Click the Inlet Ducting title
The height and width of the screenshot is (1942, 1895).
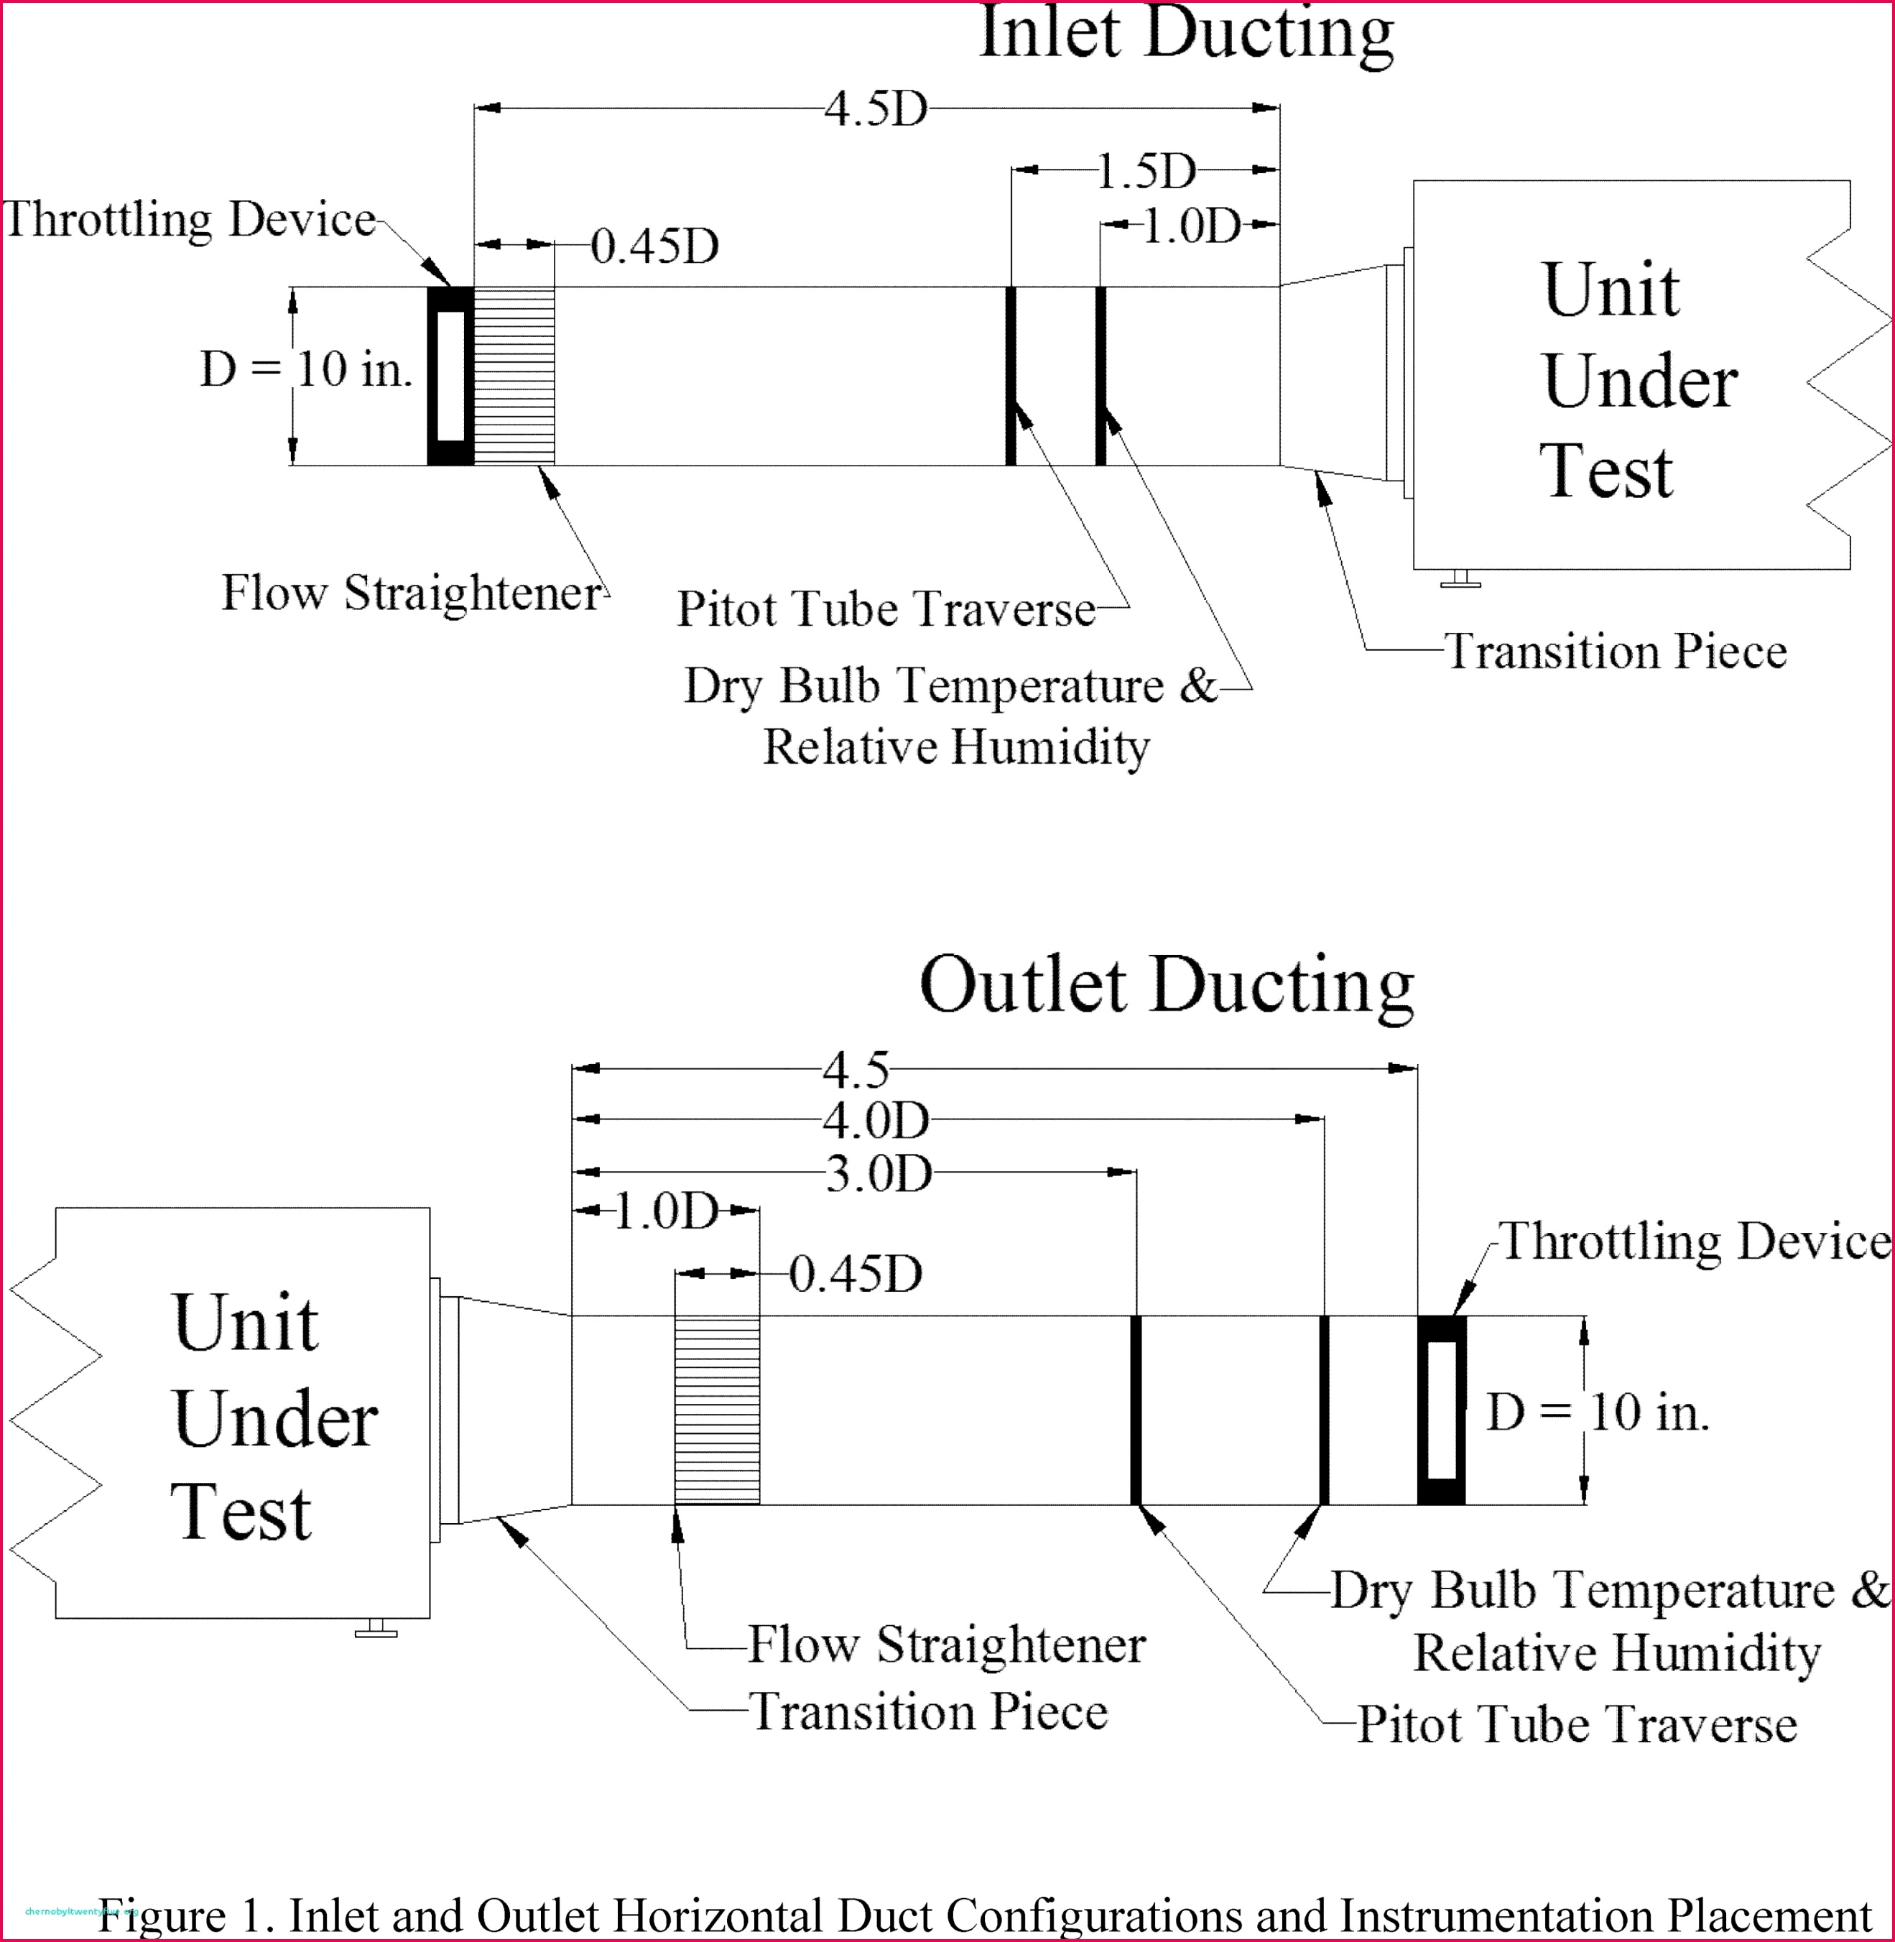click(x=1185, y=34)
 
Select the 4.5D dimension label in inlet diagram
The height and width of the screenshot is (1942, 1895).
click(x=875, y=108)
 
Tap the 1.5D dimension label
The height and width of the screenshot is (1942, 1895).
click(x=1146, y=171)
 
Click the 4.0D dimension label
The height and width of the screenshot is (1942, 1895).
click(x=875, y=1122)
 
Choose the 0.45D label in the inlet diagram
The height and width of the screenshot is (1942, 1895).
click(x=654, y=247)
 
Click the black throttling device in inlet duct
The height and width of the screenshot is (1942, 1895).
click(x=450, y=376)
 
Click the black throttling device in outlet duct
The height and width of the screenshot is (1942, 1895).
click(x=1441, y=1410)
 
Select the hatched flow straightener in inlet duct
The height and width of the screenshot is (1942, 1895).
click(x=514, y=376)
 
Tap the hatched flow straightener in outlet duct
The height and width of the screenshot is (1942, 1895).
click(x=717, y=1410)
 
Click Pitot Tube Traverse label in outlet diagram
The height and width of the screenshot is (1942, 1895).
click(x=1577, y=1724)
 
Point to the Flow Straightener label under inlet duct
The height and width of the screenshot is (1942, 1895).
click(x=411, y=593)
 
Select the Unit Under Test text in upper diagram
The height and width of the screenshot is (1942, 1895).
click(x=1637, y=380)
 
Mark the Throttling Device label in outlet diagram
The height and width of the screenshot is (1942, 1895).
click(x=1694, y=1242)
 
